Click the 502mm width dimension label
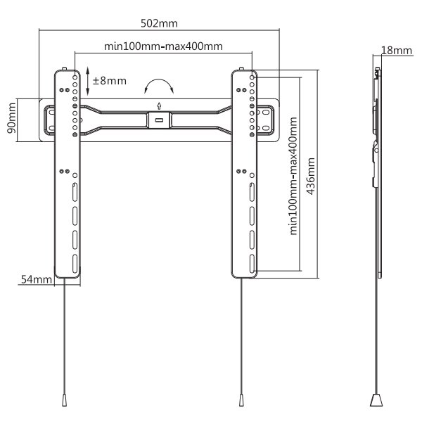tap(159, 23)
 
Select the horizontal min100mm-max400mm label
tap(164, 46)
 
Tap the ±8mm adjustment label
tap(110, 80)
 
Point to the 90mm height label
tap(11, 120)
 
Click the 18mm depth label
tap(396, 50)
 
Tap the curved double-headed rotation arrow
tap(159, 87)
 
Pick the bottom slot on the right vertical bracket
tap(251, 261)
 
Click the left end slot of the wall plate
tap(49, 118)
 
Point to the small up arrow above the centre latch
tap(160, 106)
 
